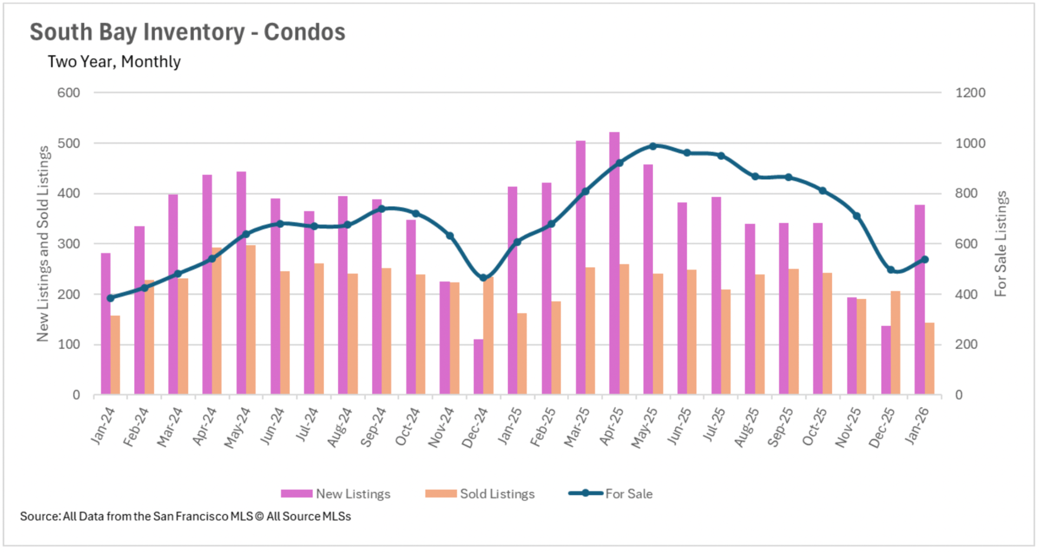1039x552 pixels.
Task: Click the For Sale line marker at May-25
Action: point(653,146)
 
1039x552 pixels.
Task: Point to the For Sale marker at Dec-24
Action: point(483,278)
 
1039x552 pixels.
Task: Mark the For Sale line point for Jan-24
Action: point(110,298)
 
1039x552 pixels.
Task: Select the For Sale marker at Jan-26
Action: point(925,260)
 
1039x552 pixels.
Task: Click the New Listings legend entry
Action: point(336,494)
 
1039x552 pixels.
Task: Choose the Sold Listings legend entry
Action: point(480,494)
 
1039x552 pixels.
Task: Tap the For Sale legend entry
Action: point(611,494)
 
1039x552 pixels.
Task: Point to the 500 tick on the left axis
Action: point(69,143)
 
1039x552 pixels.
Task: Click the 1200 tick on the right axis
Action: point(970,93)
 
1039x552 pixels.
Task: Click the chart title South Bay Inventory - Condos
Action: point(187,32)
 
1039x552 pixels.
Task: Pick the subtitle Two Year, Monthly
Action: point(114,62)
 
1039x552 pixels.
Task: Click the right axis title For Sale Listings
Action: point(1001,244)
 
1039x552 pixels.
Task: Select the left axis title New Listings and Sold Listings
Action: point(43,244)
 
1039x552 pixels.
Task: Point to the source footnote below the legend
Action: point(186,516)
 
